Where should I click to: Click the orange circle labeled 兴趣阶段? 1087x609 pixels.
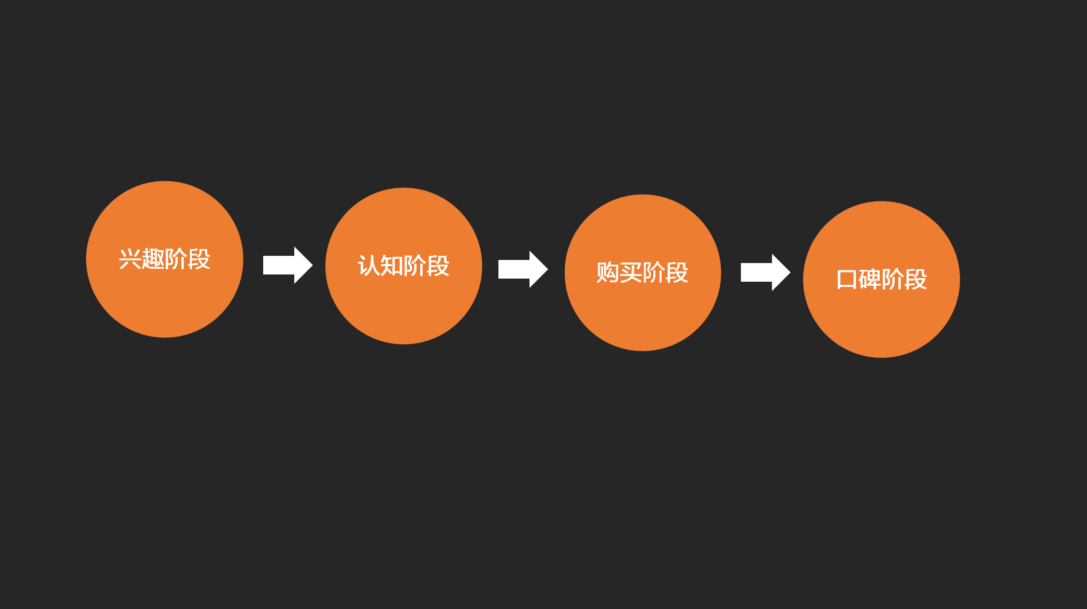[164, 300]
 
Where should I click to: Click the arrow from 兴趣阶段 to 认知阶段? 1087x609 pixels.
[288, 265]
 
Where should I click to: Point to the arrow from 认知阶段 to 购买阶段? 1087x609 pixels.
[523, 269]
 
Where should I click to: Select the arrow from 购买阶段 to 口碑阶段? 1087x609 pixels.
[765, 272]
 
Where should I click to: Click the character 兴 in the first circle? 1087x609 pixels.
[130, 259]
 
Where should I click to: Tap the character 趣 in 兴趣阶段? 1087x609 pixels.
[153, 259]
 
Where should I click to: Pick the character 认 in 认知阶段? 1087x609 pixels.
[369, 266]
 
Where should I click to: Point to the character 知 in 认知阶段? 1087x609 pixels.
[392, 266]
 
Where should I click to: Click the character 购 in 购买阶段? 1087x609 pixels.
[608, 272]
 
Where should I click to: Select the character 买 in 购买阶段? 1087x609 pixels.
[631, 272]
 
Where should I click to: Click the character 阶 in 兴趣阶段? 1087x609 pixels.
[176, 259]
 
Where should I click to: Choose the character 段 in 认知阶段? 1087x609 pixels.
[438, 266]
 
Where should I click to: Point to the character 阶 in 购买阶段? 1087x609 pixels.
[654, 272]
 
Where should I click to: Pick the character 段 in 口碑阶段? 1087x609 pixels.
[916, 280]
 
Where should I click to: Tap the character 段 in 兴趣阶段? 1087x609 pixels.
[199, 259]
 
